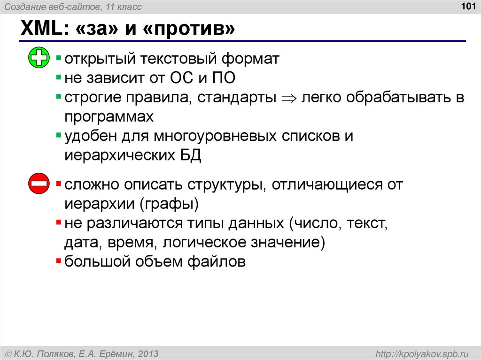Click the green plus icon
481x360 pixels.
coord(39,58)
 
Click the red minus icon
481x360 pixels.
coord(39,183)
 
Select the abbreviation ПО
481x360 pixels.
coord(223,78)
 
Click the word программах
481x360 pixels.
coord(109,116)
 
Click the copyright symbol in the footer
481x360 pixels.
coord(8,352)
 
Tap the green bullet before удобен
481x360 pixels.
coord(58,136)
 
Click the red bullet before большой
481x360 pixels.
coord(58,261)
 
